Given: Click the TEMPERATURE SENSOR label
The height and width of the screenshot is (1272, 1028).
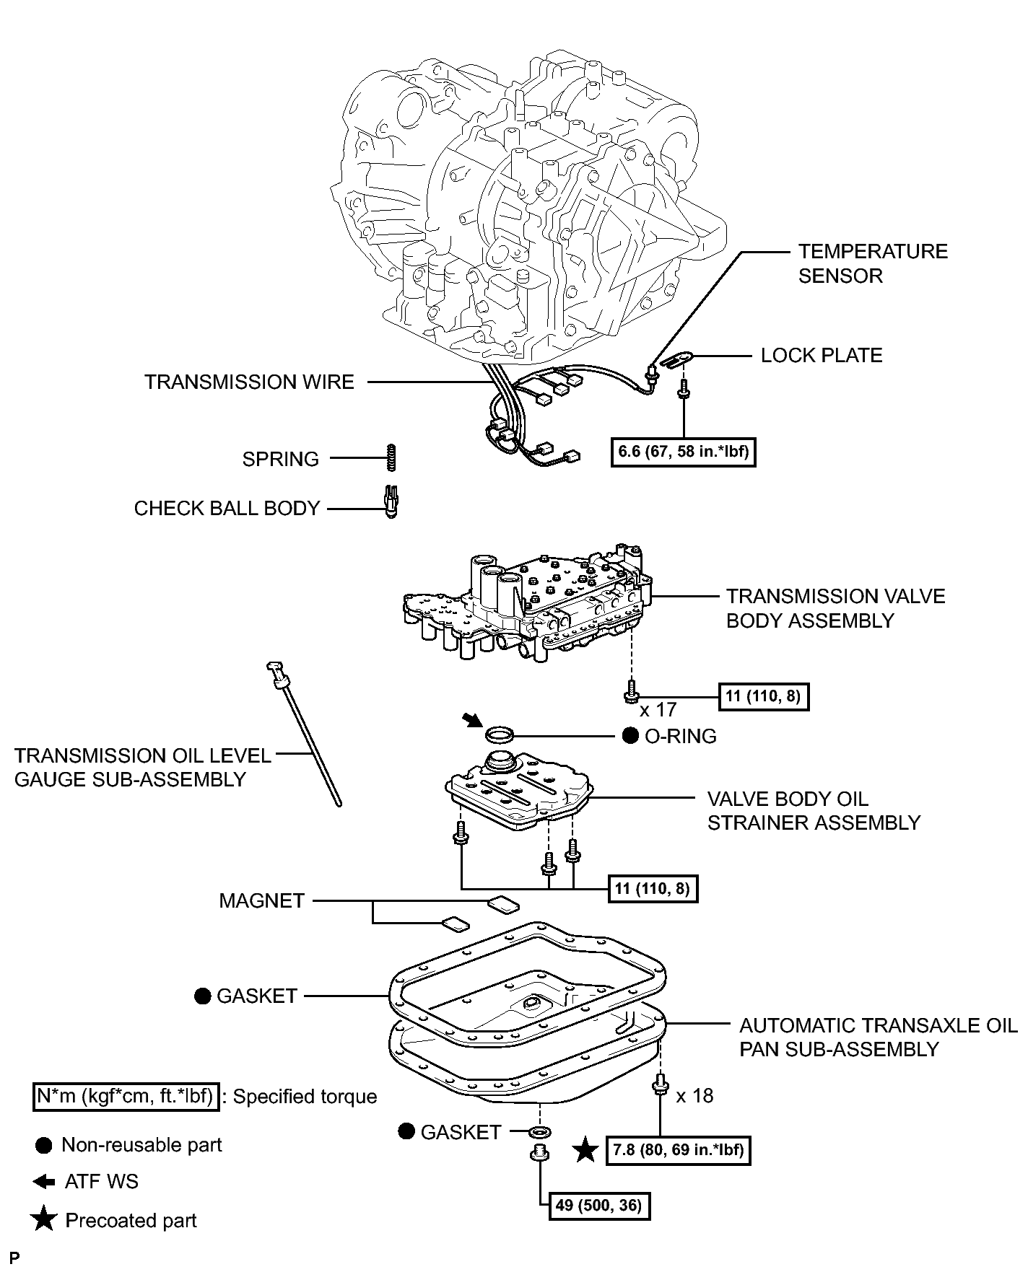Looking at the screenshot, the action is click(872, 263).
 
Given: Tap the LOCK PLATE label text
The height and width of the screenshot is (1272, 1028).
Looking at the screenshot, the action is click(822, 356).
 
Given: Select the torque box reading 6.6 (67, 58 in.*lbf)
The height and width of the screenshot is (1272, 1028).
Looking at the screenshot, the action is click(683, 452).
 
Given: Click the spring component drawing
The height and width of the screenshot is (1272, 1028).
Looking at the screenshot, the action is click(391, 457).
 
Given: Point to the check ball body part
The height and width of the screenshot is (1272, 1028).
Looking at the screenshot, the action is click(391, 502).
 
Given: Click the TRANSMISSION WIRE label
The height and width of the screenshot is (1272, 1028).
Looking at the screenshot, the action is click(249, 382).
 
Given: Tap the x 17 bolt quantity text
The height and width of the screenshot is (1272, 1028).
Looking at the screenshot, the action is click(657, 710).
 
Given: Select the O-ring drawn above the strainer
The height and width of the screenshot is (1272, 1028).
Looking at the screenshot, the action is click(500, 736).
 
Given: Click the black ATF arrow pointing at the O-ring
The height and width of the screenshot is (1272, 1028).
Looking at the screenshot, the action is click(470, 720).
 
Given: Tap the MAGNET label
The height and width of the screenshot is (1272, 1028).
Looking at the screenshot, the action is click(262, 901).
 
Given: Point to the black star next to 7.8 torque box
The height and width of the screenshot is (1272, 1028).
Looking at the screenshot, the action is click(585, 1149).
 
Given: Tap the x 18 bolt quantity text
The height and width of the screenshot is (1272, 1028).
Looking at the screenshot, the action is click(694, 1096).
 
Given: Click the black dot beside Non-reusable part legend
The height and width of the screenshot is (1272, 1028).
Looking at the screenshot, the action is click(44, 1146).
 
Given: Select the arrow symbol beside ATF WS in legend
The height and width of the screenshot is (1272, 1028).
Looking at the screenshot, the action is click(44, 1182).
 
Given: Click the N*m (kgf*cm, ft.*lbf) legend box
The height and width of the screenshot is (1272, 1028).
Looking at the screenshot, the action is click(126, 1097).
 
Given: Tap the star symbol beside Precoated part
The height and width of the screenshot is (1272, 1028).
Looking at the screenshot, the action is click(44, 1220).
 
